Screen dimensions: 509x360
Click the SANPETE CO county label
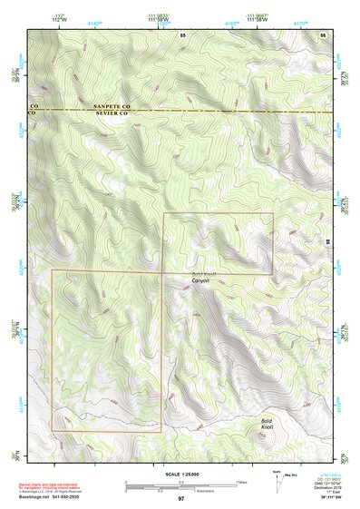point(113,107)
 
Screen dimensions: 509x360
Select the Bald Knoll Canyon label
point(200,278)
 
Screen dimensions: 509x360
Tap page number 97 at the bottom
point(181,498)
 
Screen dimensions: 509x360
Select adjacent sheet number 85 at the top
point(182,34)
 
